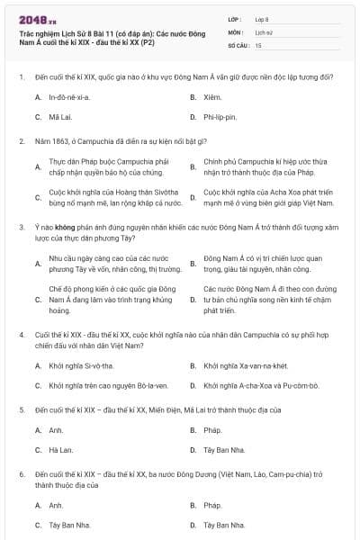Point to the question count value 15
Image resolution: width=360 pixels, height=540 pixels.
[259, 44]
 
